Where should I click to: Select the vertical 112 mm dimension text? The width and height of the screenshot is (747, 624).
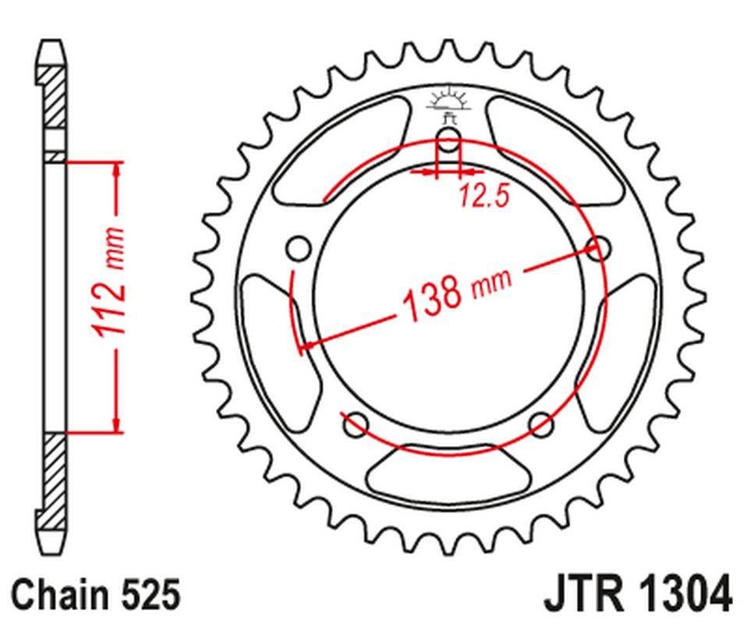(109, 282)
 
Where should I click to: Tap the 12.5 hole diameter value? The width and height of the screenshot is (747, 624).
(483, 196)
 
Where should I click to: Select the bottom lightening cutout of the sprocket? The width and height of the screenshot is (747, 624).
(448, 472)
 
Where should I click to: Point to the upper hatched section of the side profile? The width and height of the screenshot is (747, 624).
(54, 97)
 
